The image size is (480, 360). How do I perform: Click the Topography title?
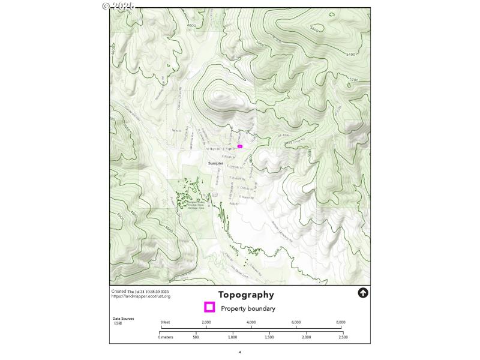(246, 295)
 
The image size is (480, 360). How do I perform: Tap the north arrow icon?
(362, 293)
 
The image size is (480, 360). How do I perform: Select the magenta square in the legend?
(209, 308)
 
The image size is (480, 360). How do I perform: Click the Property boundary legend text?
(248, 308)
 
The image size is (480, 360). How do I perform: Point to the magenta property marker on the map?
(240, 146)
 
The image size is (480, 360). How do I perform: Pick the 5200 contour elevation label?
(353, 80)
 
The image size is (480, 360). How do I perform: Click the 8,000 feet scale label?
(341, 323)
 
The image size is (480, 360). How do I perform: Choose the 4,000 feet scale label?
(251, 323)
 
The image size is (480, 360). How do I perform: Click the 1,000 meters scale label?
(233, 338)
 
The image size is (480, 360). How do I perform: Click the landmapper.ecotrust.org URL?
(140, 296)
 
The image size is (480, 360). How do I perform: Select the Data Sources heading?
(123, 319)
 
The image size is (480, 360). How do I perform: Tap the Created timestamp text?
(140, 292)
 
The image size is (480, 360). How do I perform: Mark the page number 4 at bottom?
(239, 352)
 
